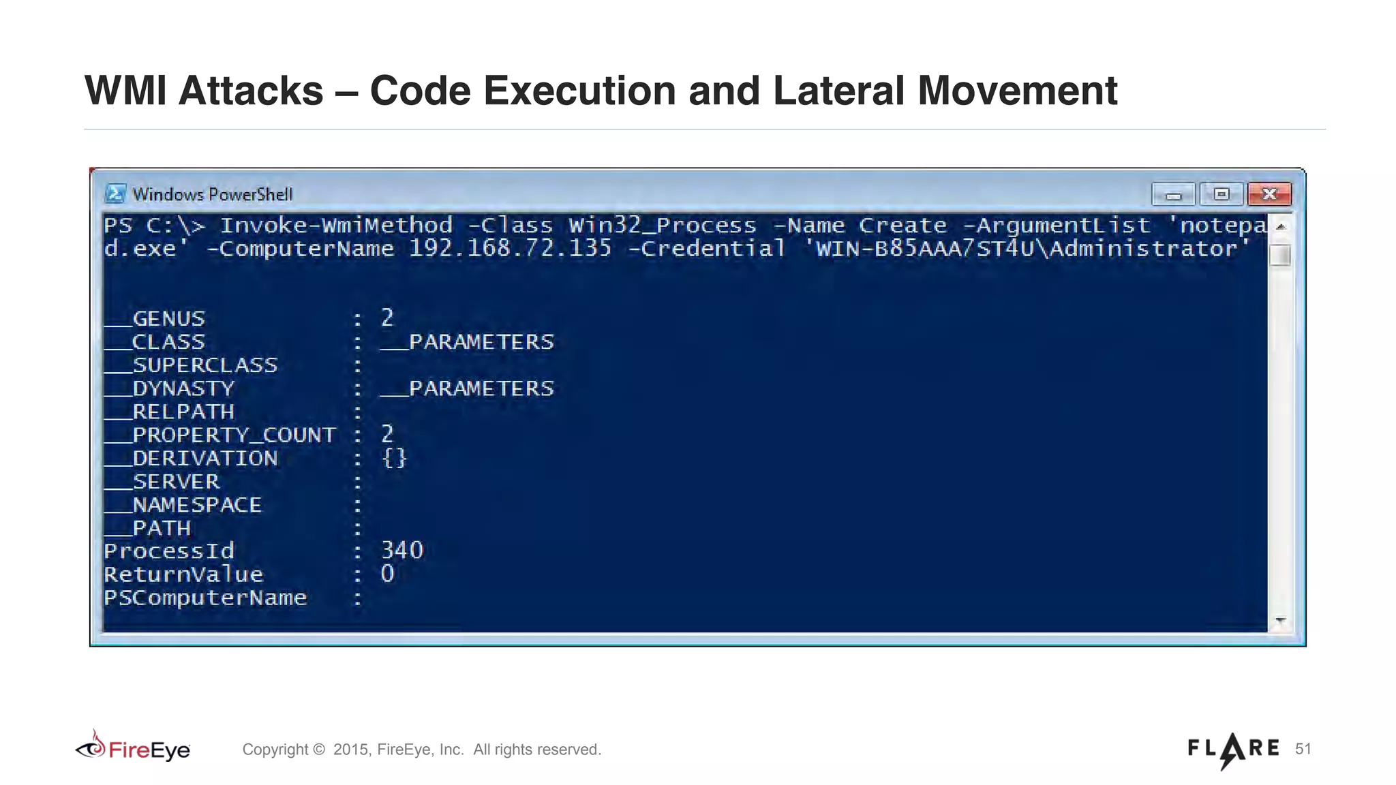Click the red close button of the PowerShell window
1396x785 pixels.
pyautogui.click(x=1269, y=194)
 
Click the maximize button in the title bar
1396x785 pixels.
pyautogui.click(x=1221, y=194)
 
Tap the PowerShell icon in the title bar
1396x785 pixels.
pyautogui.click(x=115, y=194)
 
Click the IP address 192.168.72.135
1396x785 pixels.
pyautogui.click(x=510, y=249)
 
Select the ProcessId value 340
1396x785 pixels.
pyautogui.click(x=402, y=551)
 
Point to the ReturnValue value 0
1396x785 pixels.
pyautogui.click(x=387, y=574)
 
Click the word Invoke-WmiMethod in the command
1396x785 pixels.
pyautogui.click(x=336, y=226)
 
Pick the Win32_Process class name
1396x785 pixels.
pyautogui.click(x=663, y=226)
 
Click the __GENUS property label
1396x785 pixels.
pyautogui.click(x=155, y=318)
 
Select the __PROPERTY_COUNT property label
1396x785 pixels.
pyautogui.click(x=220, y=435)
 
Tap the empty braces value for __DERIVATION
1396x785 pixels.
pyautogui.click(x=394, y=458)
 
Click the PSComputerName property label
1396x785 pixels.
pyautogui.click(x=205, y=598)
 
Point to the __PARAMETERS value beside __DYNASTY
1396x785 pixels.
pyautogui.click(x=468, y=388)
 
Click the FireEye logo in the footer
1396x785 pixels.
pyautogui.click(x=134, y=748)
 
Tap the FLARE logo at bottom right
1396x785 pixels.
pyautogui.click(x=1233, y=750)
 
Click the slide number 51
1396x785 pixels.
pyautogui.click(x=1303, y=749)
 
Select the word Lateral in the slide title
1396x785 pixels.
pyautogui.click(x=838, y=91)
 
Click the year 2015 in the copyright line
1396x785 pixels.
pyautogui.click(x=350, y=750)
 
